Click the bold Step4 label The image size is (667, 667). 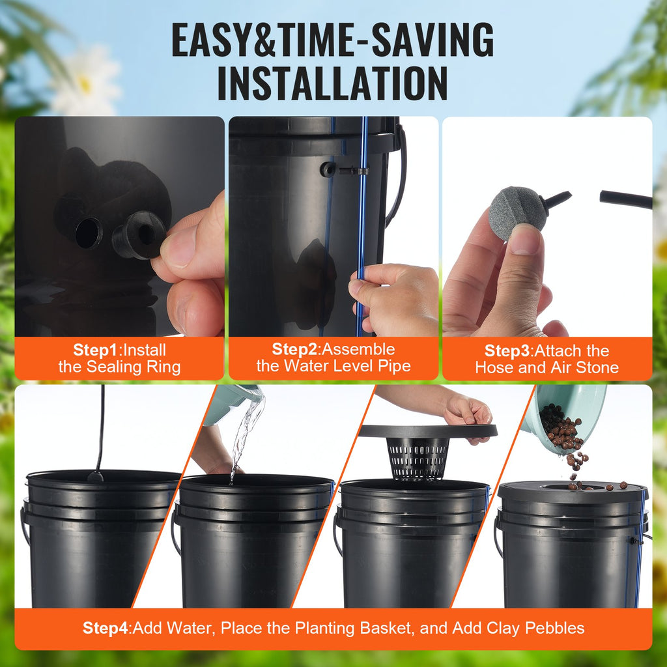coord(106,628)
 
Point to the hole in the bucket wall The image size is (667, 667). coord(89,233)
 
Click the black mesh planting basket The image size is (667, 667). coord(418,458)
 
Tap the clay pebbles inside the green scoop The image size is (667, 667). coord(560,427)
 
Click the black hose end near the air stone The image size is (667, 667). coord(625,199)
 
